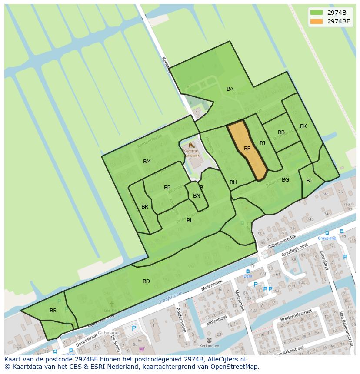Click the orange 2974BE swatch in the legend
pyautogui.click(x=317, y=21)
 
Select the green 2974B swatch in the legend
pyautogui.click(x=317, y=13)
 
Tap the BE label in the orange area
pyautogui.click(x=247, y=149)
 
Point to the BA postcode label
pyautogui.click(x=230, y=89)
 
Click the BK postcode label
pyautogui.click(x=303, y=126)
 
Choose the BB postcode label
pyautogui.click(x=281, y=132)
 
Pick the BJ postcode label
pyautogui.click(x=262, y=143)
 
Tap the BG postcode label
pyautogui.click(x=285, y=180)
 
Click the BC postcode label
pyautogui.click(x=310, y=181)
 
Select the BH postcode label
pyautogui.click(x=233, y=182)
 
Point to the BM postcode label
pyautogui.click(x=147, y=162)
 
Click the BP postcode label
pyautogui.click(x=167, y=188)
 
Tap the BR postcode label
pyautogui.click(x=145, y=207)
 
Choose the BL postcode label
pyautogui.click(x=190, y=221)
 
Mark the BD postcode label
pyautogui.click(x=146, y=281)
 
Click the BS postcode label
pyautogui.click(x=53, y=311)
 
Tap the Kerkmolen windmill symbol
pyautogui.click(x=209, y=340)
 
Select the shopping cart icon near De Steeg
pyautogui.click(x=141, y=349)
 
